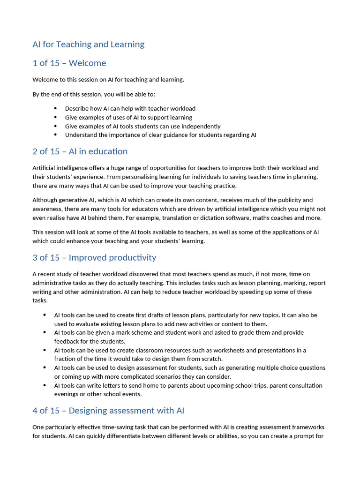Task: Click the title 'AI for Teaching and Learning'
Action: [x=88, y=45]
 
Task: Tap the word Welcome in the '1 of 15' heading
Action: [x=87, y=63]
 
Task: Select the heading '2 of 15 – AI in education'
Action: [x=80, y=151]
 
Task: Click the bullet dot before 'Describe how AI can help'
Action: [x=55, y=109]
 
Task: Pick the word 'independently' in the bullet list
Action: [x=202, y=126]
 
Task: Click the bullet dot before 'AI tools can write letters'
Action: [x=45, y=386]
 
